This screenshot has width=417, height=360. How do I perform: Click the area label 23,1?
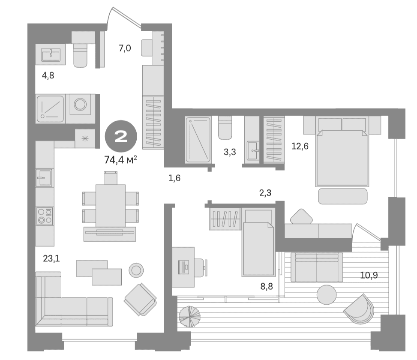pyautogui.click(x=51, y=258)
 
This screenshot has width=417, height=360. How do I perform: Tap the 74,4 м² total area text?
pyautogui.click(x=121, y=160)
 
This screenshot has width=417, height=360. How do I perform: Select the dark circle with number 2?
pyautogui.click(x=121, y=136)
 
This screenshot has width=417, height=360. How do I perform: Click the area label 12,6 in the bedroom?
pyautogui.click(x=300, y=146)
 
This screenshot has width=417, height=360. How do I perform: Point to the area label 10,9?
pyautogui.click(x=369, y=275)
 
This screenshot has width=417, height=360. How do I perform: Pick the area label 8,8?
pyautogui.click(x=267, y=286)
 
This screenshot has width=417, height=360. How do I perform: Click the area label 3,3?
pyautogui.click(x=230, y=152)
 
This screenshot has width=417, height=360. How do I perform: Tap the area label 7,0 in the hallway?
pyautogui.click(x=125, y=48)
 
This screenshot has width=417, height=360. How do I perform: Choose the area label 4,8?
pyautogui.click(x=48, y=75)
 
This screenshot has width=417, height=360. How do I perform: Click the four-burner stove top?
pyautogui.click(x=45, y=216)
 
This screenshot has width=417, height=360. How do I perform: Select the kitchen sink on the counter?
pyautogui.click(x=44, y=177)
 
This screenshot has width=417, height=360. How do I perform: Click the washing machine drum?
pyautogui.click(x=80, y=104)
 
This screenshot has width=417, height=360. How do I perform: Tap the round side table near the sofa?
pyautogui.click(x=136, y=270)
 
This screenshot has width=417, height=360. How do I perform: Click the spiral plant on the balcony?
pyautogui.click(x=189, y=317)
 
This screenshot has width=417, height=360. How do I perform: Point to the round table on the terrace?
pyautogui.click(x=327, y=294)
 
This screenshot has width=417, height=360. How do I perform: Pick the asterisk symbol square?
pyautogui.click(x=85, y=138)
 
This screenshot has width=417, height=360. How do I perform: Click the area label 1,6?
pyautogui.click(x=174, y=178)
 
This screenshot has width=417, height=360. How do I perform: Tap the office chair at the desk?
pyautogui.click(x=201, y=267)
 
